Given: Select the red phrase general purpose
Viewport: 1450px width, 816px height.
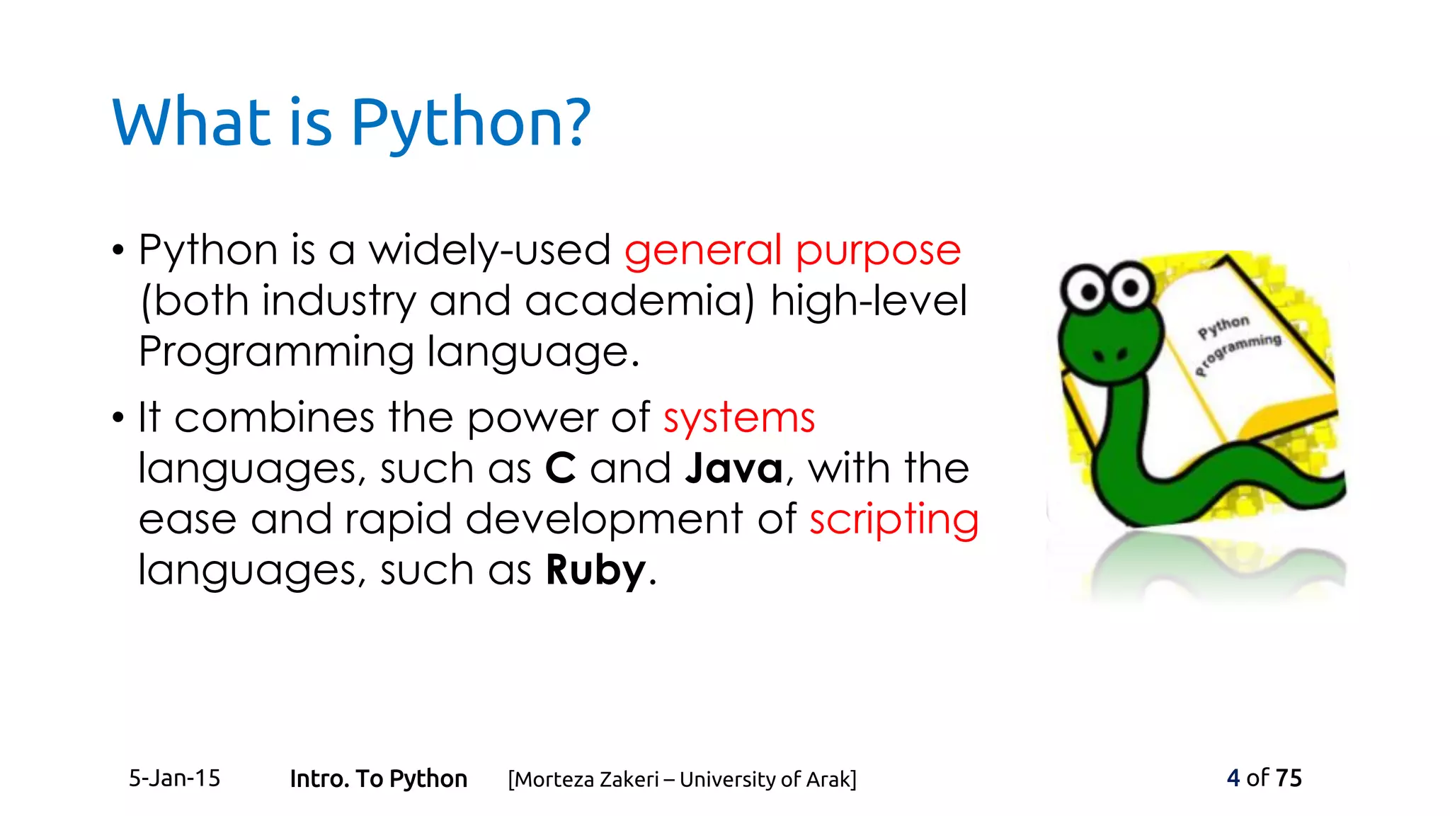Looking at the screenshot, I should pos(792,251).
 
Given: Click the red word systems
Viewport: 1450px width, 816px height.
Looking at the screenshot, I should pos(739,418).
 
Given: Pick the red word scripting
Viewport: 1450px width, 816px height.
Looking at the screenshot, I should pos(894,520).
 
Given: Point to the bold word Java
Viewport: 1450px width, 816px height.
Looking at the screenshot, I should pos(734,469).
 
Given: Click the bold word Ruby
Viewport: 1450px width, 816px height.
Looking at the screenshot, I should pos(596,571).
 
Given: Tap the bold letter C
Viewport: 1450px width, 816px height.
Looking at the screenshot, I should pos(560,469).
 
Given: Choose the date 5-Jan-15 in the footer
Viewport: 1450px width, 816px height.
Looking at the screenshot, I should pos(174,778).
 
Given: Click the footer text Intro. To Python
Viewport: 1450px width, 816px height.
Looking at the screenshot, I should pos(378,779).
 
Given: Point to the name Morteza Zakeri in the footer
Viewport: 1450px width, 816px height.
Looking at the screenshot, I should pos(586,779).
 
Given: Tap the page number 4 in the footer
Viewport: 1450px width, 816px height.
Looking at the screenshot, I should pos(1233,778).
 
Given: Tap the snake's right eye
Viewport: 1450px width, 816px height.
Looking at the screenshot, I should pos(1131,285).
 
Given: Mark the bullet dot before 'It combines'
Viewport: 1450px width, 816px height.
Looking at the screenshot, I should pos(118,418).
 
